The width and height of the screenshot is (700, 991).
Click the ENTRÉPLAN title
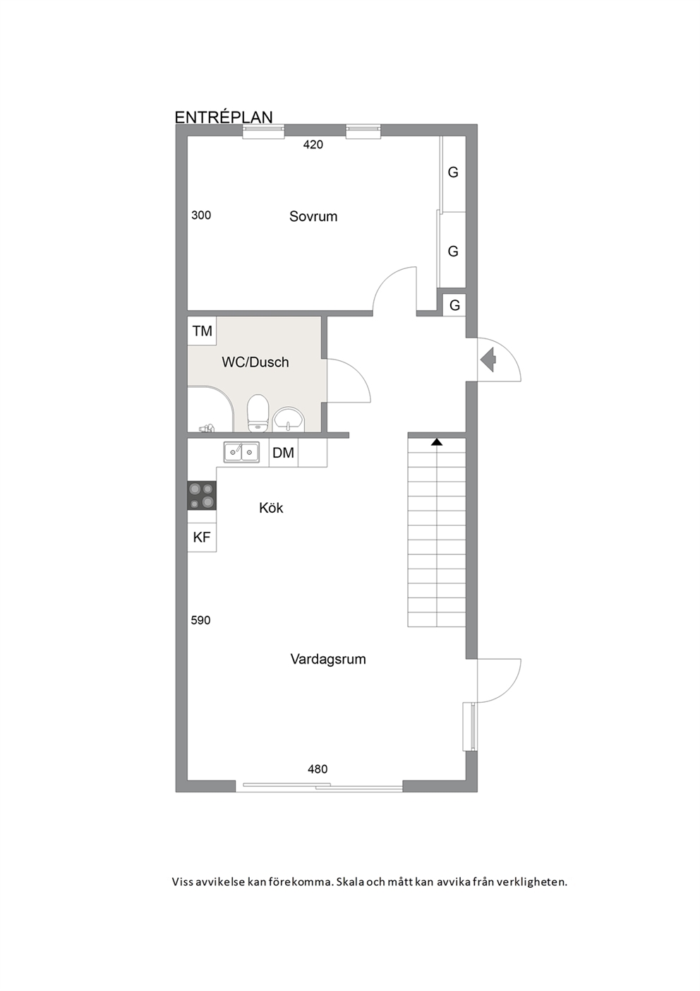224,117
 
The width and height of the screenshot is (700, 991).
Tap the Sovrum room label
313,216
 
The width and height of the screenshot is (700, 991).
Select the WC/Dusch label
255,362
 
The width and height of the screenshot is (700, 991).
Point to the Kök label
271,508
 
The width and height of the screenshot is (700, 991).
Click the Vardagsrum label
328,659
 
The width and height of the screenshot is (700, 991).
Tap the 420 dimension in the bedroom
313,145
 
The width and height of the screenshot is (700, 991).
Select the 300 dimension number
201,215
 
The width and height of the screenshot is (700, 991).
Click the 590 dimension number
200,621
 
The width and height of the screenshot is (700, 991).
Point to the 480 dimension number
318,769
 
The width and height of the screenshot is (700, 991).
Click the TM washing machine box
202,331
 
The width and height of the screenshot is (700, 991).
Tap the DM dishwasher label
283,453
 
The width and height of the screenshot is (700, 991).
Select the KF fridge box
202,537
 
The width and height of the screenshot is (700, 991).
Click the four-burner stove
202,496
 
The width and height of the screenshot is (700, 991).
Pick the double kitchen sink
241,452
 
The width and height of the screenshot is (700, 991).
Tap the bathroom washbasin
289,419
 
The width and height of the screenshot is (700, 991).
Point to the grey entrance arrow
488,360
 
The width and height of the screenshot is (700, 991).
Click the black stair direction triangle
437,441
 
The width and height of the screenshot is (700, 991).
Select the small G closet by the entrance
454,305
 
